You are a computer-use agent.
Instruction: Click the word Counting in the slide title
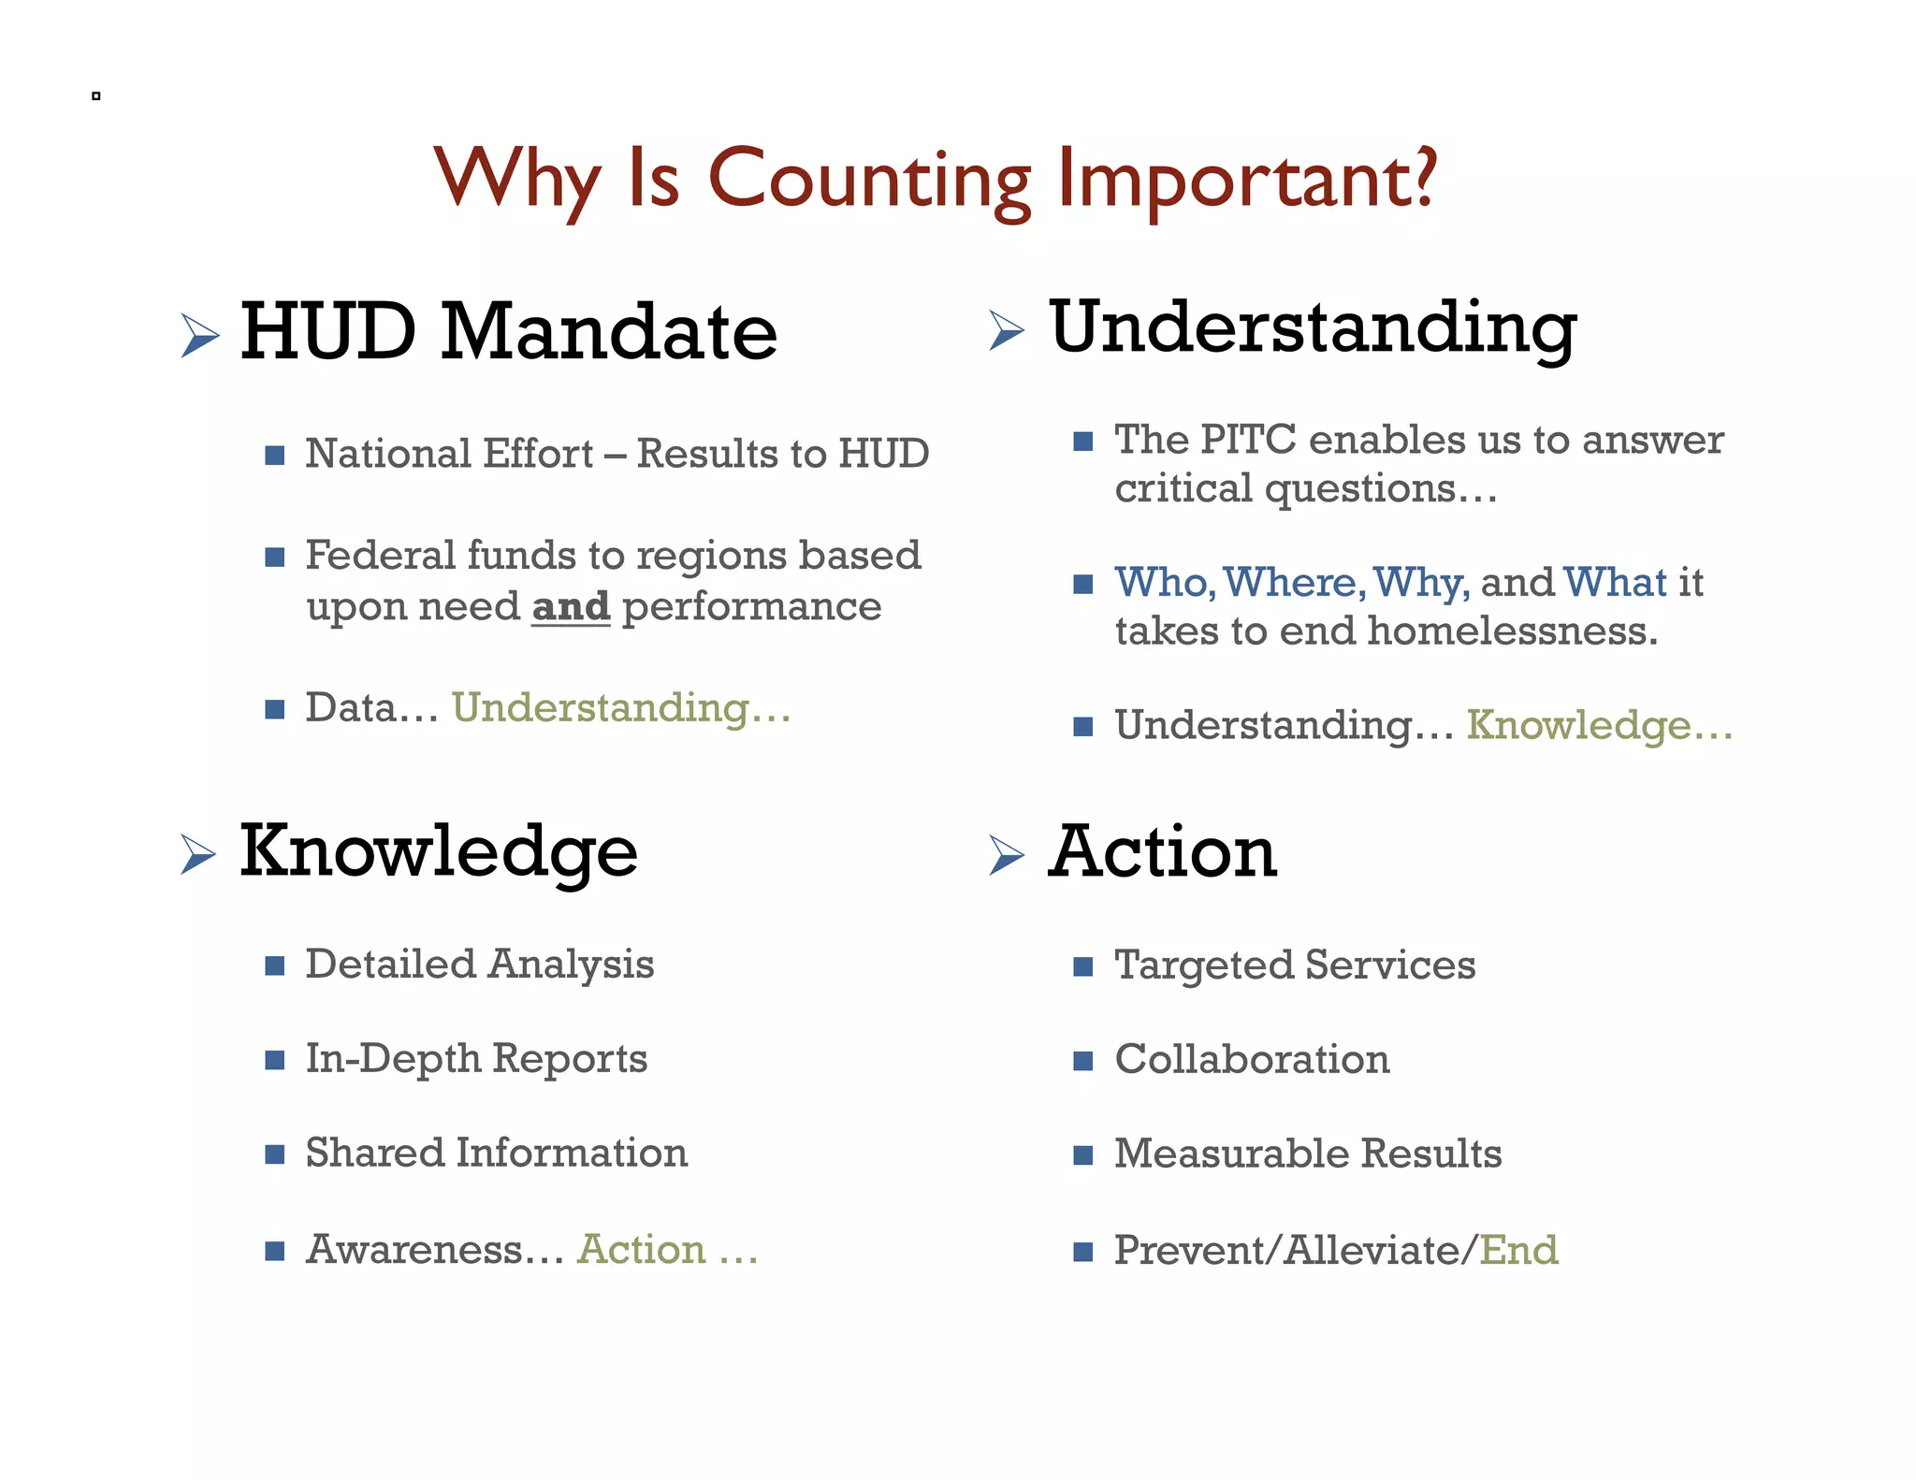[869, 181]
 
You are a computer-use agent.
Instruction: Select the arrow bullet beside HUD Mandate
[199, 335]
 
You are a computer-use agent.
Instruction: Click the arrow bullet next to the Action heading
[1007, 854]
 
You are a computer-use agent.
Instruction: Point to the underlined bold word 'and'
[571, 606]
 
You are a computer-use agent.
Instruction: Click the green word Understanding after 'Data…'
[601, 708]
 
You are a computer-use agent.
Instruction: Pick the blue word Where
[1290, 583]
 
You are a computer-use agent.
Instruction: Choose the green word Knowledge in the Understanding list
[1578, 726]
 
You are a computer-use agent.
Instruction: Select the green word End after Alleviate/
[1519, 1251]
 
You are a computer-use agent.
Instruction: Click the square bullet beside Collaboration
[1082, 1061]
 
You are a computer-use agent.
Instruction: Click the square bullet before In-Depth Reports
[274, 1060]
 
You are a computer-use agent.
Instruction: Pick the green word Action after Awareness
[642, 1250]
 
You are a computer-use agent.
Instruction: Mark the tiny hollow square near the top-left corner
[95, 95]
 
